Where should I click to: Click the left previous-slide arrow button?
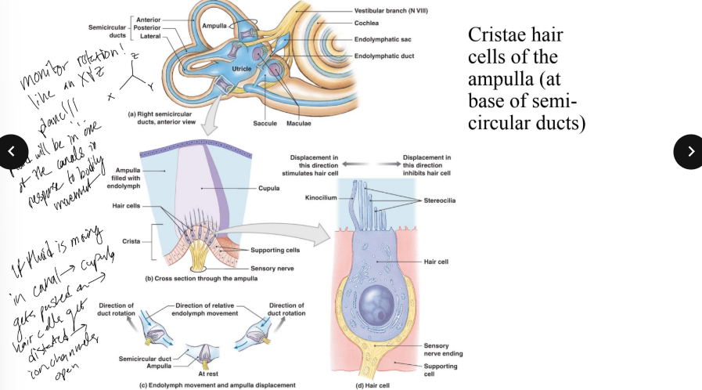pyautogui.click(x=14, y=152)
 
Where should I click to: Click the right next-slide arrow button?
pyautogui.click(x=688, y=152)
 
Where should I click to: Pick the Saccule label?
pyautogui.click(x=265, y=124)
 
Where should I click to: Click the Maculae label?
pyautogui.click(x=298, y=124)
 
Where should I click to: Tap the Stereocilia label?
pyautogui.click(x=440, y=200)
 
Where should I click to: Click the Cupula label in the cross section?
pyautogui.click(x=268, y=188)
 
